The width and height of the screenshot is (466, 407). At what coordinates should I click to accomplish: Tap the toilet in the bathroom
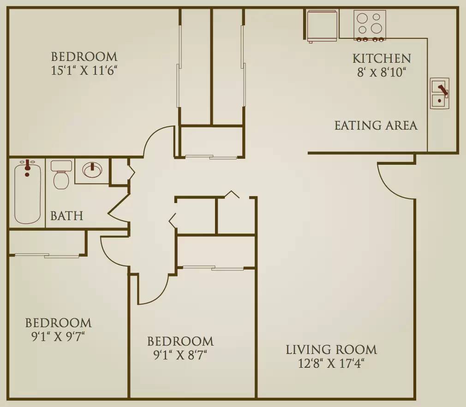61,175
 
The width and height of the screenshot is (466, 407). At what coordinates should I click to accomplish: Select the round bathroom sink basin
92,170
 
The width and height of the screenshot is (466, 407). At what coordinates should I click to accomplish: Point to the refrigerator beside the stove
323,25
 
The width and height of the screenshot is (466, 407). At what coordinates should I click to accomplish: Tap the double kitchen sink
440,93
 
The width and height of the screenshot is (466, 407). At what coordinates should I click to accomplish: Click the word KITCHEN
382,58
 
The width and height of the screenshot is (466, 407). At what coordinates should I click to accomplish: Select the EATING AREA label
376,126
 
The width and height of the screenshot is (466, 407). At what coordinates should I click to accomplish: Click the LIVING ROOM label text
331,350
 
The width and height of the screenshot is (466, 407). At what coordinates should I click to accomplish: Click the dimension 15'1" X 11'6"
84,71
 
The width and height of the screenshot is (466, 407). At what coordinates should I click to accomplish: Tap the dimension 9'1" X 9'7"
58,337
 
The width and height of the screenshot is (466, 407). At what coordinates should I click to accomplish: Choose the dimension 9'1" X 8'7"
180,355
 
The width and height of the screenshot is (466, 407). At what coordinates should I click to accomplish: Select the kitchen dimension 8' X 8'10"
382,72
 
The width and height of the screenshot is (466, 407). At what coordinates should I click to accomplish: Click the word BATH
66,216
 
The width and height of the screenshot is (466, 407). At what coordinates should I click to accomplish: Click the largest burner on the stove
376,28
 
